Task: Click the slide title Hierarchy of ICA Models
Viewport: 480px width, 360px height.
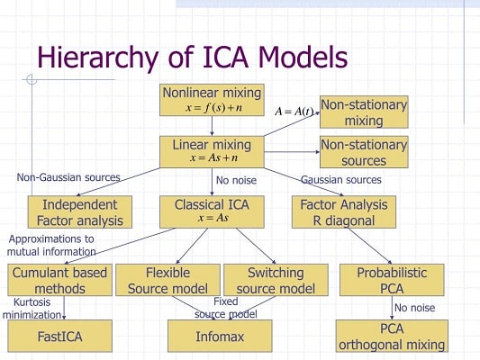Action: pyautogui.click(x=192, y=57)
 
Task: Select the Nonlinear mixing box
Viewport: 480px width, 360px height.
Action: pyautogui.click(x=212, y=100)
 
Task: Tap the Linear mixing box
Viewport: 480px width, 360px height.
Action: pyautogui.click(x=212, y=151)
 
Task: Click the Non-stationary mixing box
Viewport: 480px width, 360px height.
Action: pyautogui.click(x=364, y=112)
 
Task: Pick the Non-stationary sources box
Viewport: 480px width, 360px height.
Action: pyautogui.click(x=364, y=152)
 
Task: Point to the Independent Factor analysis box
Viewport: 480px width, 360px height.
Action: pyautogui.click(x=74, y=211)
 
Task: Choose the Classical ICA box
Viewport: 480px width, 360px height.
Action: pyautogui.click(x=212, y=211)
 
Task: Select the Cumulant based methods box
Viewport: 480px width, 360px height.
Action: pyautogui.click(x=59, y=280)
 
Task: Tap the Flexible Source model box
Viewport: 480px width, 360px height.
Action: pyautogui.click(x=167, y=280)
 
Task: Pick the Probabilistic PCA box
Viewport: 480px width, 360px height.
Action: pyautogui.click(x=392, y=280)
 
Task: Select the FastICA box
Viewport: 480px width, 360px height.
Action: pyautogui.click(x=59, y=336)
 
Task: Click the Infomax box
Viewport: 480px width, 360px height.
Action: pyautogui.click(x=220, y=336)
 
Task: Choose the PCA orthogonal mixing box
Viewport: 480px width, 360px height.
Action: pyautogui.click(x=392, y=336)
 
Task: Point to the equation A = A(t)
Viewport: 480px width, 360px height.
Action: pyautogui.click(x=294, y=112)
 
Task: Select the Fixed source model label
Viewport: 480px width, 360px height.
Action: pyautogui.click(x=226, y=308)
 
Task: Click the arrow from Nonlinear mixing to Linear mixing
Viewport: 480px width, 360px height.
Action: pyautogui.click(x=212, y=126)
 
